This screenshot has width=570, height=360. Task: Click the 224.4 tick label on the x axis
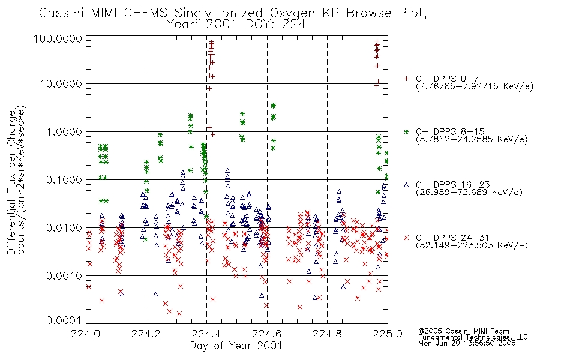tap(207, 334)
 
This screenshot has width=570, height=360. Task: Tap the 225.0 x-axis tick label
tap(388, 334)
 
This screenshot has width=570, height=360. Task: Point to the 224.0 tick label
tap(86, 334)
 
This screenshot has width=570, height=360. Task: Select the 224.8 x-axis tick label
tap(327, 334)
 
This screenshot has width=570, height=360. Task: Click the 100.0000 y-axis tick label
tap(58, 38)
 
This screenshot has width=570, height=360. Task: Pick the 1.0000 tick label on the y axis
tap(64, 131)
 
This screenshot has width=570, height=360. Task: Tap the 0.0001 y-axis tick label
tap(64, 320)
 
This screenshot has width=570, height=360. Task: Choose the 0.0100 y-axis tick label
tap(64, 228)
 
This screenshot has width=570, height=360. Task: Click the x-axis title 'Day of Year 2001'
tap(236, 346)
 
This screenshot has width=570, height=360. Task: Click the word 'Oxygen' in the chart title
tap(293, 13)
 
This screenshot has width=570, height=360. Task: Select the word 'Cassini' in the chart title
tap(62, 13)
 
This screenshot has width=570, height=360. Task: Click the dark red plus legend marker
tap(406, 79)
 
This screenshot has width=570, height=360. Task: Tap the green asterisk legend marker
tap(406, 131)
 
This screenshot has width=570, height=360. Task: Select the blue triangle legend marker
tap(406, 185)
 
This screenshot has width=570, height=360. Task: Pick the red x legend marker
tap(406, 238)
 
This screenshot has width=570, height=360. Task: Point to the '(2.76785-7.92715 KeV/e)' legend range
tap(475, 86)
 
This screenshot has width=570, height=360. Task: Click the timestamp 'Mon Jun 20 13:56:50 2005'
tap(467, 343)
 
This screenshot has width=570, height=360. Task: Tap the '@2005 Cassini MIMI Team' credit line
tap(464, 331)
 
